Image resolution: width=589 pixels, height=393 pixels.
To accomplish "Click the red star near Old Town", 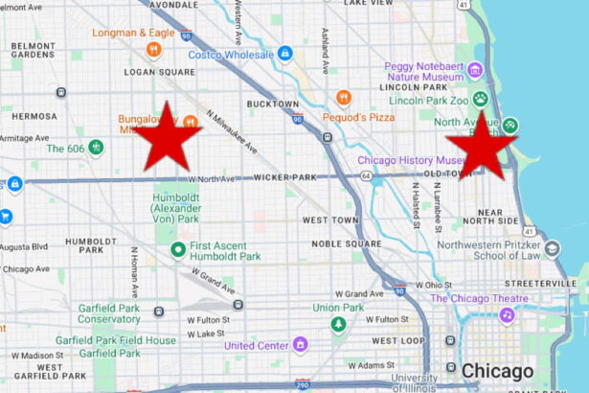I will point(482,145).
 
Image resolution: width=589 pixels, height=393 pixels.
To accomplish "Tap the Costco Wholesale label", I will point(231,54).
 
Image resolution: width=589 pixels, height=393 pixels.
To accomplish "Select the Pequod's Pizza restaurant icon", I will point(344,98).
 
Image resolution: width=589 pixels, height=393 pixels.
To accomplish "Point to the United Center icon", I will point(300,343).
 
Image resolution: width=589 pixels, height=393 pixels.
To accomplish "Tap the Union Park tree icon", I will point(337,325).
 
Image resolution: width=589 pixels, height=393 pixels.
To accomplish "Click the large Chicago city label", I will point(497,371).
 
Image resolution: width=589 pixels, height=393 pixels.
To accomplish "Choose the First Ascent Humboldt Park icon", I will point(176,250).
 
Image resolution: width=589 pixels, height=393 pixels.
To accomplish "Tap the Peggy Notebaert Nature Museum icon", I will point(475,72).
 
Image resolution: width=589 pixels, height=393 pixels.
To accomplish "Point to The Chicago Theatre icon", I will point(506,314).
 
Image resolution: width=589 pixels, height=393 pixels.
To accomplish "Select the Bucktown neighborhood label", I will point(273,103).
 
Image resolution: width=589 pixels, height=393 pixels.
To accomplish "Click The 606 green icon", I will point(96,148).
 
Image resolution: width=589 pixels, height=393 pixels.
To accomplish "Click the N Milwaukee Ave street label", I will point(237,131).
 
